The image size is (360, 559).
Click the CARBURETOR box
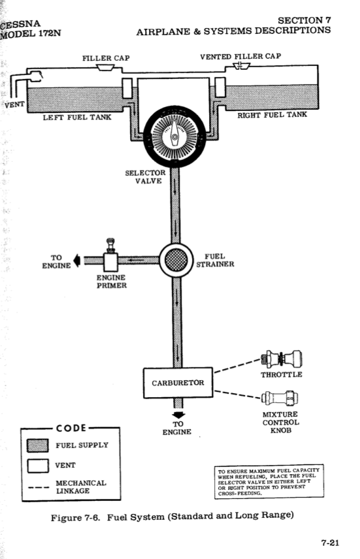(x=178, y=383)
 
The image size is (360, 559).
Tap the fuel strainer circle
(x=176, y=261)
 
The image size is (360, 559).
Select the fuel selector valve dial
(x=174, y=136)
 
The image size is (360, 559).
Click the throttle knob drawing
(x=282, y=359)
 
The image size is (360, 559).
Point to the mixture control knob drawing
(x=280, y=398)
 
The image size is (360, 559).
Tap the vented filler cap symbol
(x=242, y=66)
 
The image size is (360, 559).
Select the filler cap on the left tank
(x=105, y=67)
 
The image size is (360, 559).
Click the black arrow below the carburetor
(x=178, y=415)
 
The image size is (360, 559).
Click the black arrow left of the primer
(x=76, y=261)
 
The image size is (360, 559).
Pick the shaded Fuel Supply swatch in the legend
(x=38, y=445)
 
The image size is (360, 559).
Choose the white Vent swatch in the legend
(x=38, y=466)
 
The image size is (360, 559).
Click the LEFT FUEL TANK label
(x=77, y=118)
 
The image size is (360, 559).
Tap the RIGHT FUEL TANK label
(x=272, y=115)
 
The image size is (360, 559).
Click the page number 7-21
(x=330, y=543)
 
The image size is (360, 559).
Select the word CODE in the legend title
(x=71, y=428)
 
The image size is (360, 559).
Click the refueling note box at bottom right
(x=269, y=481)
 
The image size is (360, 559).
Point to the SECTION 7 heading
(x=304, y=20)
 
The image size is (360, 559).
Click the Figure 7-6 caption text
(x=172, y=517)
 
